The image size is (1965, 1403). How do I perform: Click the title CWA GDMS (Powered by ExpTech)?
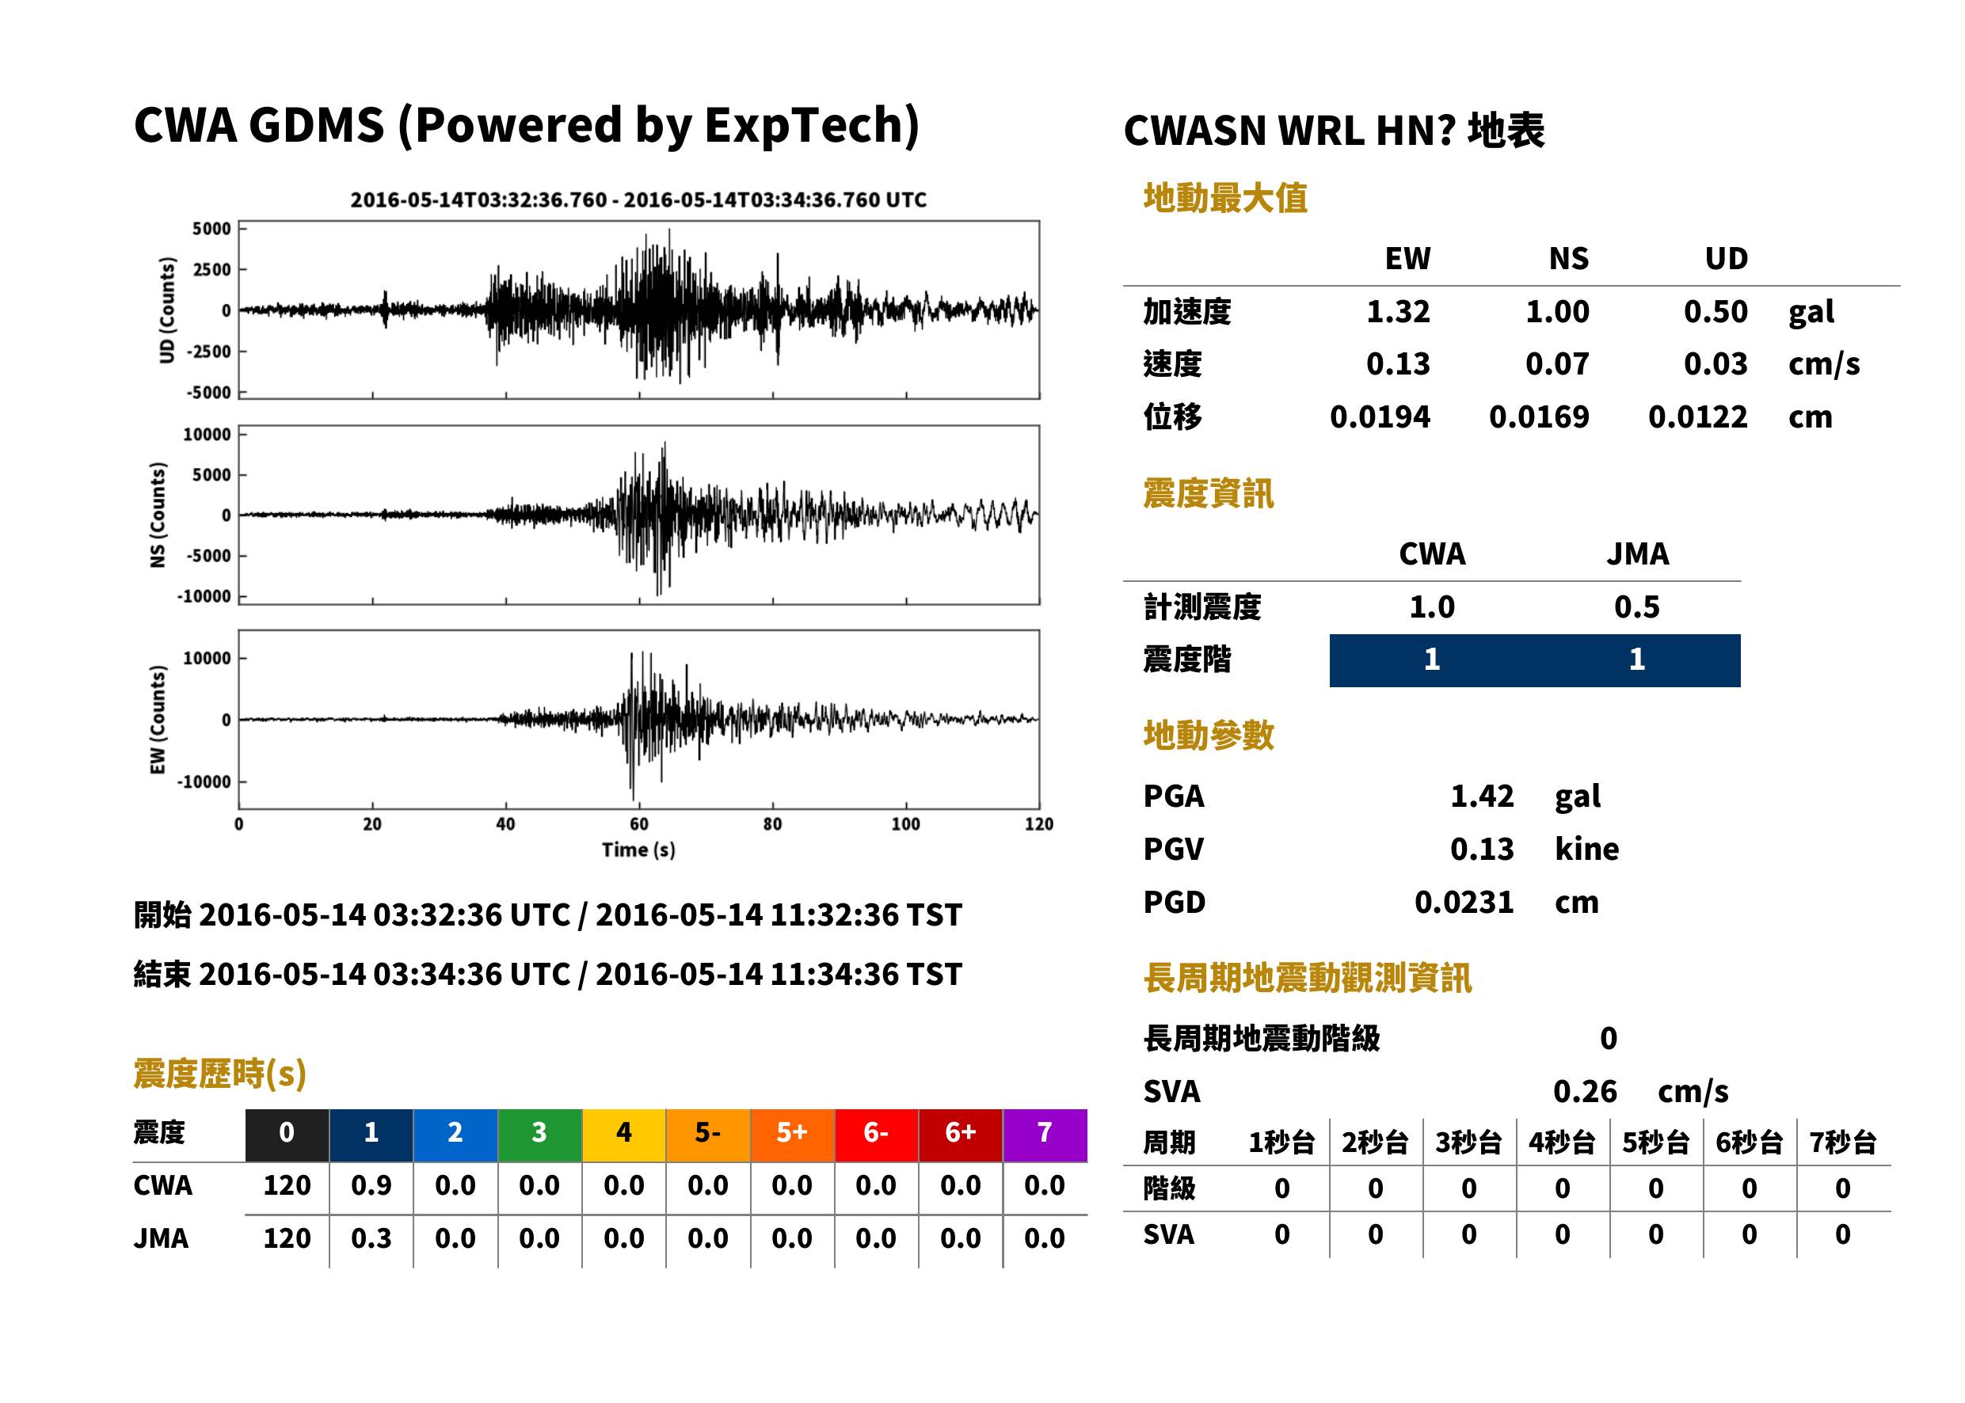click(526, 126)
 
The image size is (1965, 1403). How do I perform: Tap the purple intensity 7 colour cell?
click(1045, 1135)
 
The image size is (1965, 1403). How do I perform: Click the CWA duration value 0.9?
click(371, 1185)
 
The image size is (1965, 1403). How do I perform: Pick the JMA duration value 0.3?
click(371, 1238)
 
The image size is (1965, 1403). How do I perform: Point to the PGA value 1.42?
click(1481, 796)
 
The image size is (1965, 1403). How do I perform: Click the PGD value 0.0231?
click(1464, 902)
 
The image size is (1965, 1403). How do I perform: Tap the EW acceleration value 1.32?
click(1397, 311)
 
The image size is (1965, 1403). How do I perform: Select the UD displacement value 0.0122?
click(1697, 416)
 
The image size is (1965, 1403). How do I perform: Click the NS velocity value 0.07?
click(1556, 363)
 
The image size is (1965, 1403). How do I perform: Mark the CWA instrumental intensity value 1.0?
click(1432, 606)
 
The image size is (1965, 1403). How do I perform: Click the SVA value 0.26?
click(1585, 1091)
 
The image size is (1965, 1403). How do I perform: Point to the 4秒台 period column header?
click(1561, 1142)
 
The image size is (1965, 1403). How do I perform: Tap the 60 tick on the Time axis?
click(638, 824)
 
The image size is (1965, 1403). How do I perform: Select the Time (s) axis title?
click(638, 850)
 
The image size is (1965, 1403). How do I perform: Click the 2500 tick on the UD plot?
click(211, 269)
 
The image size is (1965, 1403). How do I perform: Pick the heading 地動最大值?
click(1225, 198)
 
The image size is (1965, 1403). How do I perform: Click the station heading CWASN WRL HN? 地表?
click(1333, 131)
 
